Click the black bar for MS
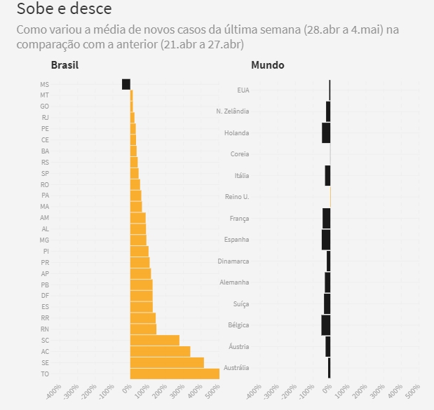(126, 84)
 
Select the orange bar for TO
(175, 374)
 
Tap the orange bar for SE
(167, 362)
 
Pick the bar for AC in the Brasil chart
(160, 351)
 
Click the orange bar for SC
(155, 340)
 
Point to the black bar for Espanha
(326, 240)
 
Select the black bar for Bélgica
(326, 325)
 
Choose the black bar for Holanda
(326, 132)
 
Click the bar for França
(327, 218)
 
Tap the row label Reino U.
(237, 197)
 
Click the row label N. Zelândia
(233, 111)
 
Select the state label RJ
(46, 118)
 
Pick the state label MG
(45, 240)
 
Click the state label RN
(45, 329)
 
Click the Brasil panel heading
(65, 65)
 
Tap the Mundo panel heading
(267, 65)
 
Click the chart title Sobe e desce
(64, 9)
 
